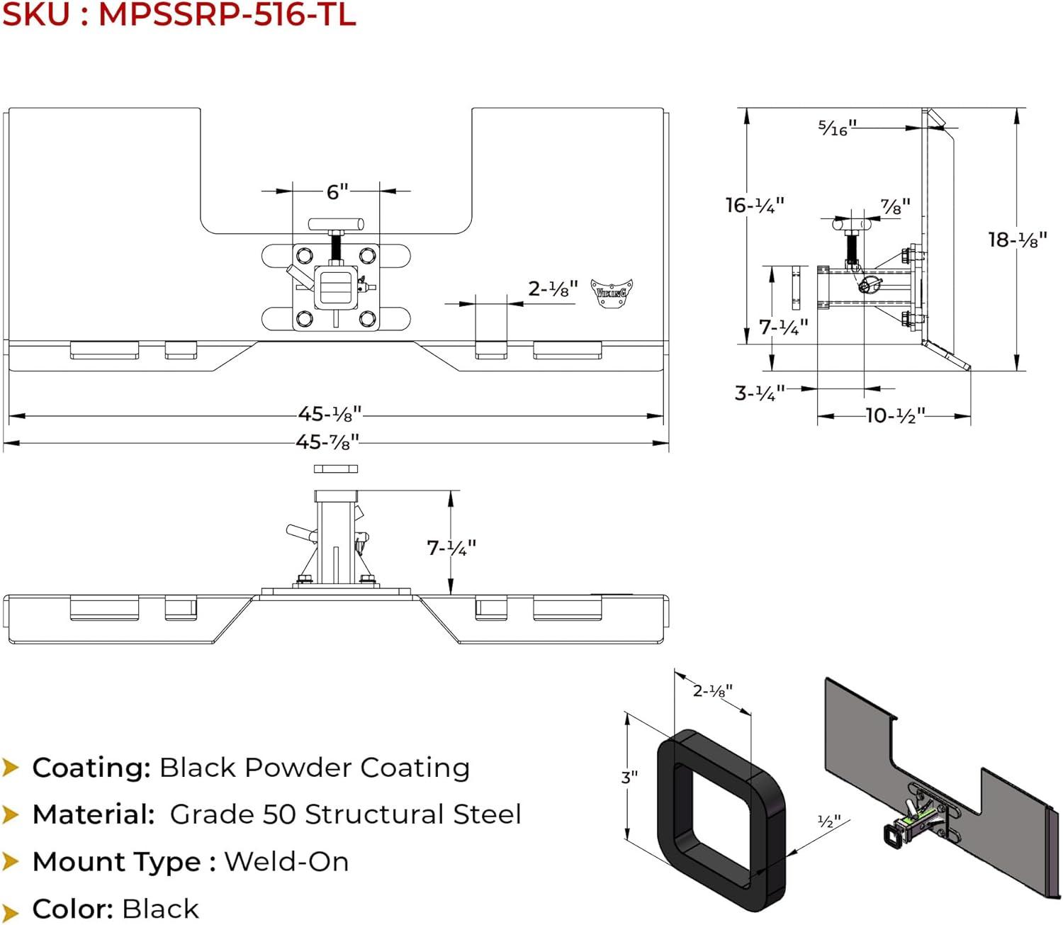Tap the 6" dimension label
pos(337,191)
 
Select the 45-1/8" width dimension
pos(330,414)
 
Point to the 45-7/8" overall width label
pos(327,442)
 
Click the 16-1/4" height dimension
pos(755,206)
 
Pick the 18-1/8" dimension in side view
pos(1017,240)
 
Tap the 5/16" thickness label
pos(837,128)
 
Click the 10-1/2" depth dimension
pos(895,415)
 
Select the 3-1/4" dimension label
pos(760,393)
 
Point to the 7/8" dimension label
pos(895,207)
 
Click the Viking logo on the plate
pos(612,293)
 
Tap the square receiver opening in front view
pos(336,287)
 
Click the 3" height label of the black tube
pos(629,777)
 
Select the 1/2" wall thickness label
pos(828,822)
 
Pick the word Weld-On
pos(286,862)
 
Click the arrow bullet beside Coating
pos(11,767)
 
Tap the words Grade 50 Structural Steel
pos(345,814)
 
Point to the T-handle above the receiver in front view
pos(336,225)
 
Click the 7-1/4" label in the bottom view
pos(451,548)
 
